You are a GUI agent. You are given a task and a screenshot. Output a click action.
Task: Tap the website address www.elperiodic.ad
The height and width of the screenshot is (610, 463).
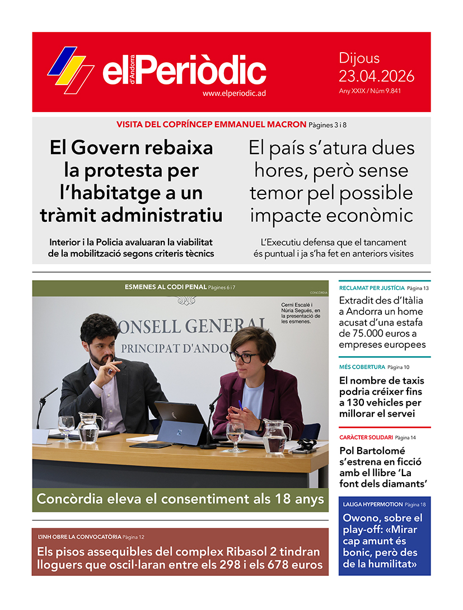[233, 94]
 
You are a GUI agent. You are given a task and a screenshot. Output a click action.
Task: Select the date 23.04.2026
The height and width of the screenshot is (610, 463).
[376, 76]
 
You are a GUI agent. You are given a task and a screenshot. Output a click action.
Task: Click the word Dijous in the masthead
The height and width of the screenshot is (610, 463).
[359, 58]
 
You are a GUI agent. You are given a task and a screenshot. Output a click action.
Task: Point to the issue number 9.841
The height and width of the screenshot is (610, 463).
[392, 91]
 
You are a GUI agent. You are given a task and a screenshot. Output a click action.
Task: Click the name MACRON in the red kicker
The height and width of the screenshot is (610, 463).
[286, 124]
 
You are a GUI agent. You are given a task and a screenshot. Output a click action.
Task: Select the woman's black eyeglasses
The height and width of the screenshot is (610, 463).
[244, 356]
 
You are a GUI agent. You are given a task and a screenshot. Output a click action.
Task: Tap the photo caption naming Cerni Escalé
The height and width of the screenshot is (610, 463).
[301, 314]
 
